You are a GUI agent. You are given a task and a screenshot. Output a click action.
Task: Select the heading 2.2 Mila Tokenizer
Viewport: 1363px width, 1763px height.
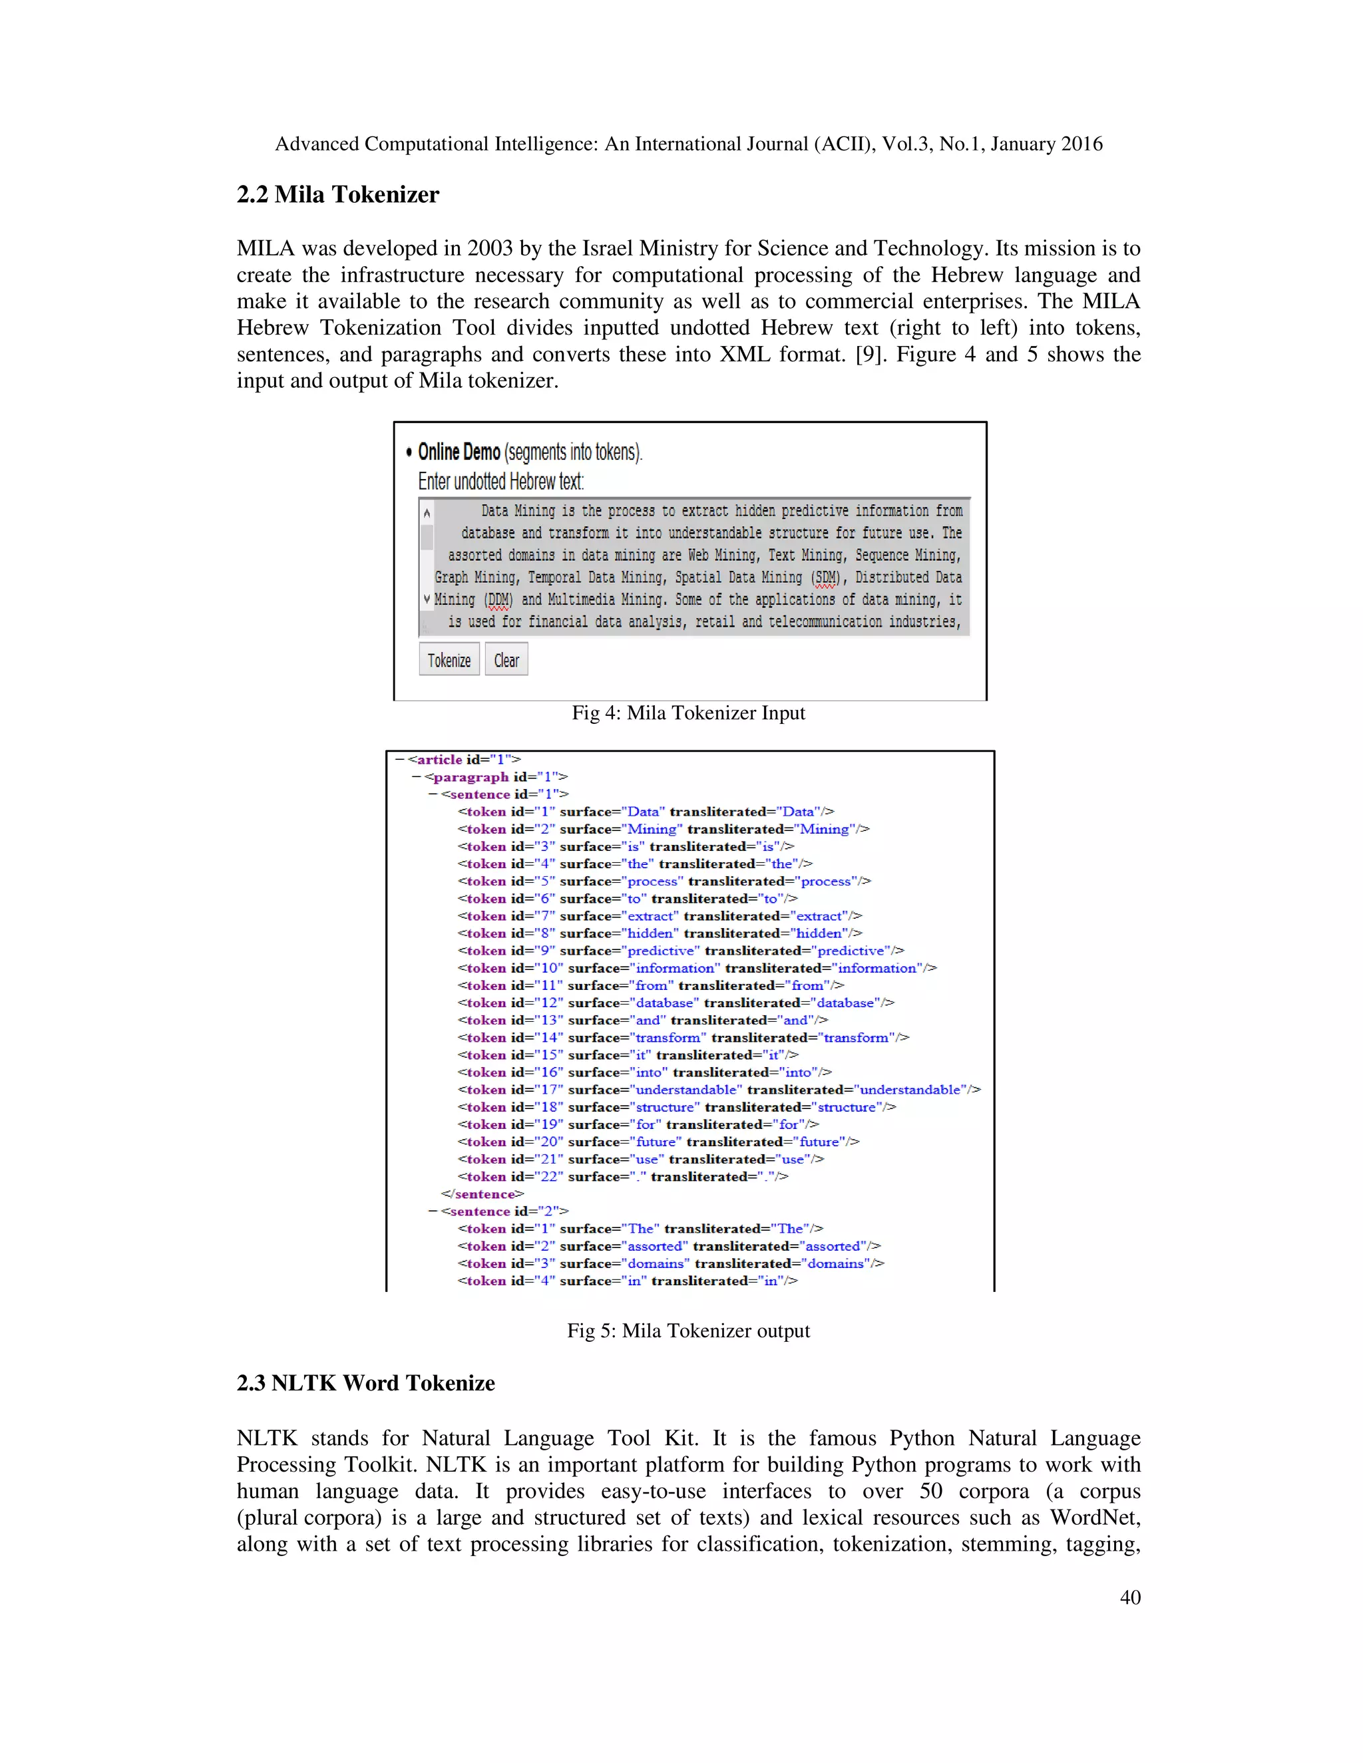click(x=337, y=194)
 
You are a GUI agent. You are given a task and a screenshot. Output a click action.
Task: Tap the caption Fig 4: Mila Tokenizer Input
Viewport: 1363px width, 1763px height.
click(x=688, y=713)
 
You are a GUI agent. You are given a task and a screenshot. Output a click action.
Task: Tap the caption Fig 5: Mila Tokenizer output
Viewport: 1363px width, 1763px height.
click(x=688, y=1331)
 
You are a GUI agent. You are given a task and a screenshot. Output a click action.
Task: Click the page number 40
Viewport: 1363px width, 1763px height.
click(x=1129, y=1597)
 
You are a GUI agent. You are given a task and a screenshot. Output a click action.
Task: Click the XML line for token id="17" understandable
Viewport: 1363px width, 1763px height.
click(x=719, y=1090)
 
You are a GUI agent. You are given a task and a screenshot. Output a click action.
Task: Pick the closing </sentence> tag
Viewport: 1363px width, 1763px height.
click(x=482, y=1194)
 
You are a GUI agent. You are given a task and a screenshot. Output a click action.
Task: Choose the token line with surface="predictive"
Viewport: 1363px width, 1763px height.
click(x=680, y=951)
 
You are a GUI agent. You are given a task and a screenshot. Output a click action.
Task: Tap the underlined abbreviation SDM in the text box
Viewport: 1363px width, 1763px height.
click(x=825, y=578)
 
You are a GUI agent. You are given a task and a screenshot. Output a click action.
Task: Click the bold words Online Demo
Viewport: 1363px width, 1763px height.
click(x=459, y=452)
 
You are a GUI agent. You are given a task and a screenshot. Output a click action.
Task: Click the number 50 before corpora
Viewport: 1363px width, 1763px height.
click(x=930, y=1491)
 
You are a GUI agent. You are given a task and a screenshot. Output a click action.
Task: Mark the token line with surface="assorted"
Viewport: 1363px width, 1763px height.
click(x=669, y=1246)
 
